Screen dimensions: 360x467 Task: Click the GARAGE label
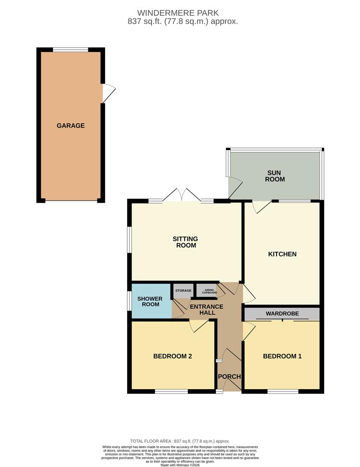pos(71,126)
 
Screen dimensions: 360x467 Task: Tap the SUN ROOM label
pos(275,176)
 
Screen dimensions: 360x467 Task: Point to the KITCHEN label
pos(282,254)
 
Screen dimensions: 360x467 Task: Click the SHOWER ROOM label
pos(150,301)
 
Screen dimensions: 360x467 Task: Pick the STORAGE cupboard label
pos(183,291)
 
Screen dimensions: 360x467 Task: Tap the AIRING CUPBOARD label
pos(209,291)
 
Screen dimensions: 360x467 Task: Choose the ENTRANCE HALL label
pos(206,310)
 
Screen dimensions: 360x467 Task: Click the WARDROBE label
pos(282,313)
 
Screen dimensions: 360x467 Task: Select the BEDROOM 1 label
pos(282,356)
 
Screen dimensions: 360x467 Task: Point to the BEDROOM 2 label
pos(172,356)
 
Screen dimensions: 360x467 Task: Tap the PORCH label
pos(229,377)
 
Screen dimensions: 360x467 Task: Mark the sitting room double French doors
pos(181,195)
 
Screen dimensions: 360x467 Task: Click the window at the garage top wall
pos(71,49)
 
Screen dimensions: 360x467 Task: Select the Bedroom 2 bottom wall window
pos(171,391)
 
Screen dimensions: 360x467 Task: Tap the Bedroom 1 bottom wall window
pos(283,391)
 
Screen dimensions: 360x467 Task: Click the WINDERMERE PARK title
pos(178,13)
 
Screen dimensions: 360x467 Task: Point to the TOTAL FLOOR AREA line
pos(180,441)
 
